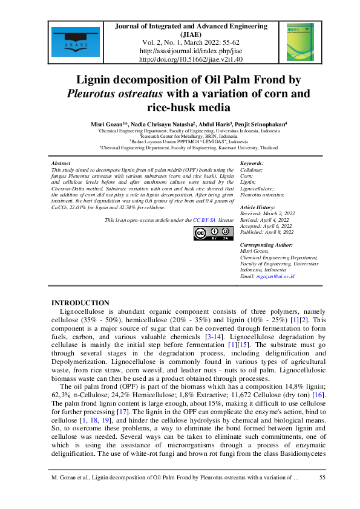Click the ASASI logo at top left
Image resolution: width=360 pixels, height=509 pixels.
point(68,42)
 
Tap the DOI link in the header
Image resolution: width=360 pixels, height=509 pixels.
point(191,60)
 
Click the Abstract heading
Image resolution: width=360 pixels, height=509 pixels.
point(61,164)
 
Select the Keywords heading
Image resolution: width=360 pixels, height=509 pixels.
point(252,164)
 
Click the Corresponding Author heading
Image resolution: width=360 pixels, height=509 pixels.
point(266,245)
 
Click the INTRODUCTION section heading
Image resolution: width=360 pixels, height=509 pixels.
point(80,303)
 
